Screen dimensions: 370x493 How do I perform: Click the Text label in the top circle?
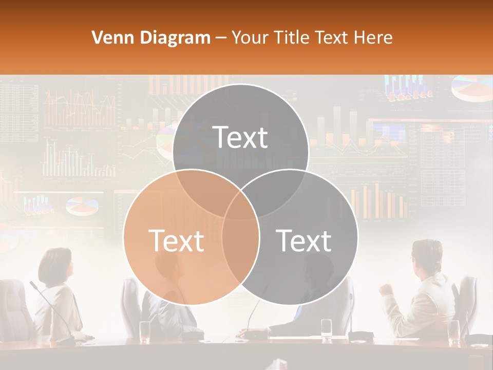click(240, 137)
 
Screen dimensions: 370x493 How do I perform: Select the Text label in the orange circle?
click(176, 240)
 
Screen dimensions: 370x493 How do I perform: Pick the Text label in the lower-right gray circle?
click(304, 240)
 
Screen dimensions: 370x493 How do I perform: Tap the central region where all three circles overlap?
click(241, 203)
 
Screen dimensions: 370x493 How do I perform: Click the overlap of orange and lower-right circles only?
click(240, 247)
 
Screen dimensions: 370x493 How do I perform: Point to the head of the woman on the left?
click(55, 265)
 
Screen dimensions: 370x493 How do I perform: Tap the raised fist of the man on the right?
click(385, 289)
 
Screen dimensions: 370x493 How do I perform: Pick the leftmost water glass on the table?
click(145, 330)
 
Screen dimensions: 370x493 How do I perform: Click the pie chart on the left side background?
click(82, 206)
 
